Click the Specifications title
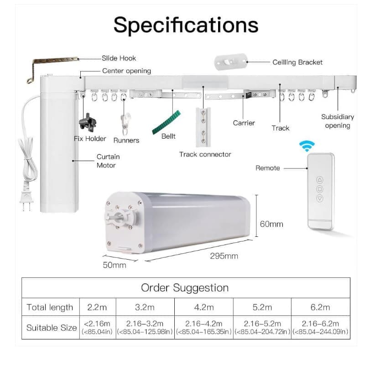point(186,25)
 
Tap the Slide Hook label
point(119,58)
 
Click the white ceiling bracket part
point(231,62)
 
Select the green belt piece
point(166,122)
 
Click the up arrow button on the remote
point(320,180)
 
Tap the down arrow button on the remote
point(320,198)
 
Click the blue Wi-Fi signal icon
point(307,146)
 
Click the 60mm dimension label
point(271,224)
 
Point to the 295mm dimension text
point(224,256)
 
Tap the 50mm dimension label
point(115,265)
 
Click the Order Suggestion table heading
point(185,288)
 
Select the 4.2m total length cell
point(204,307)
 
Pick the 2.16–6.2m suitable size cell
point(320,327)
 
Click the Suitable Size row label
point(52,328)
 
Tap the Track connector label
point(205,154)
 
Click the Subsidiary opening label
point(338,121)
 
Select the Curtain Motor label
point(108,161)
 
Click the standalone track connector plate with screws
point(203,127)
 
